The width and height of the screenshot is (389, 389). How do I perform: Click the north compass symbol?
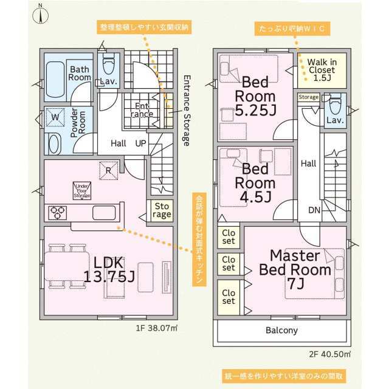tap(41, 15)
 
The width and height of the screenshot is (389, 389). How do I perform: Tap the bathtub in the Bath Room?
tap(55, 80)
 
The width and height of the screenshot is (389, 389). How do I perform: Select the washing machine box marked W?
tap(55, 117)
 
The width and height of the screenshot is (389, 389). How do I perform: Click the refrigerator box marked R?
tap(108, 170)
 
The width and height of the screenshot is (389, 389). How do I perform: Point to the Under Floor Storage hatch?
tap(82, 191)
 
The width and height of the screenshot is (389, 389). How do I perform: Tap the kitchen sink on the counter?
tap(104, 213)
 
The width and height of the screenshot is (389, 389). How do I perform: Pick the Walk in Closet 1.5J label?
tap(322, 70)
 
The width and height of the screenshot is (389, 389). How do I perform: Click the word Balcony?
tap(281, 330)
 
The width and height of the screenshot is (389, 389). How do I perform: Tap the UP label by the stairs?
tap(140, 143)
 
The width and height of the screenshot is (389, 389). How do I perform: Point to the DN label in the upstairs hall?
tap(314, 210)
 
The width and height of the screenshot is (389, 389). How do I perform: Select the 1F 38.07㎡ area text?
tap(157, 328)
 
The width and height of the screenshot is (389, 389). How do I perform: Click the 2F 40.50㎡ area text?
tap(330, 354)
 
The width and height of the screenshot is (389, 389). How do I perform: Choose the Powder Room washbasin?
tap(55, 145)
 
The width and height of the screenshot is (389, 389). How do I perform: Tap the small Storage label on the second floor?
tap(308, 97)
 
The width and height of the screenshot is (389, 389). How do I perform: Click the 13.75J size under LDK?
tap(109, 276)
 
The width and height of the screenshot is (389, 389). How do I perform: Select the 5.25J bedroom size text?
tap(255, 110)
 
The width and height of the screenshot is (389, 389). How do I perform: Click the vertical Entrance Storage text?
tap(187, 111)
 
